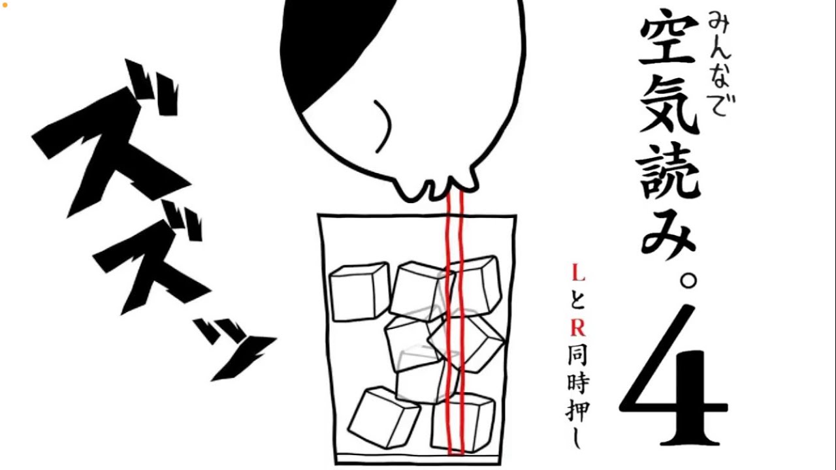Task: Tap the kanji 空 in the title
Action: point(669,41)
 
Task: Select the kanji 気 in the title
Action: point(669,105)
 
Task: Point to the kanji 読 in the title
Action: point(668,171)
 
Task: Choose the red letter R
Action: point(578,328)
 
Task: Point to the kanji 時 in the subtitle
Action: point(578,383)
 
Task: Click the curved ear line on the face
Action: point(383,126)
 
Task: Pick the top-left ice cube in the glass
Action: point(359,291)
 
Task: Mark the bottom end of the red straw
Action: point(456,454)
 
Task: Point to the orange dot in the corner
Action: point(5,5)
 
